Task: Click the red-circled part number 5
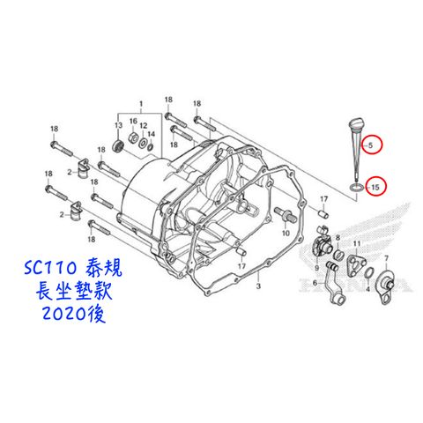click(371, 145)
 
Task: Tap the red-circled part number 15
click(375, 187)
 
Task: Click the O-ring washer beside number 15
click(356, 187)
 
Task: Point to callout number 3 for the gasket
click(258, 286)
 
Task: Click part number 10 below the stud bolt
click(286, 233)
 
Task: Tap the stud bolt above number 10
click(283, 213)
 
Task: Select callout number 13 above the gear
click(118, 125)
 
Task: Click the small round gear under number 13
click(118, 145)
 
